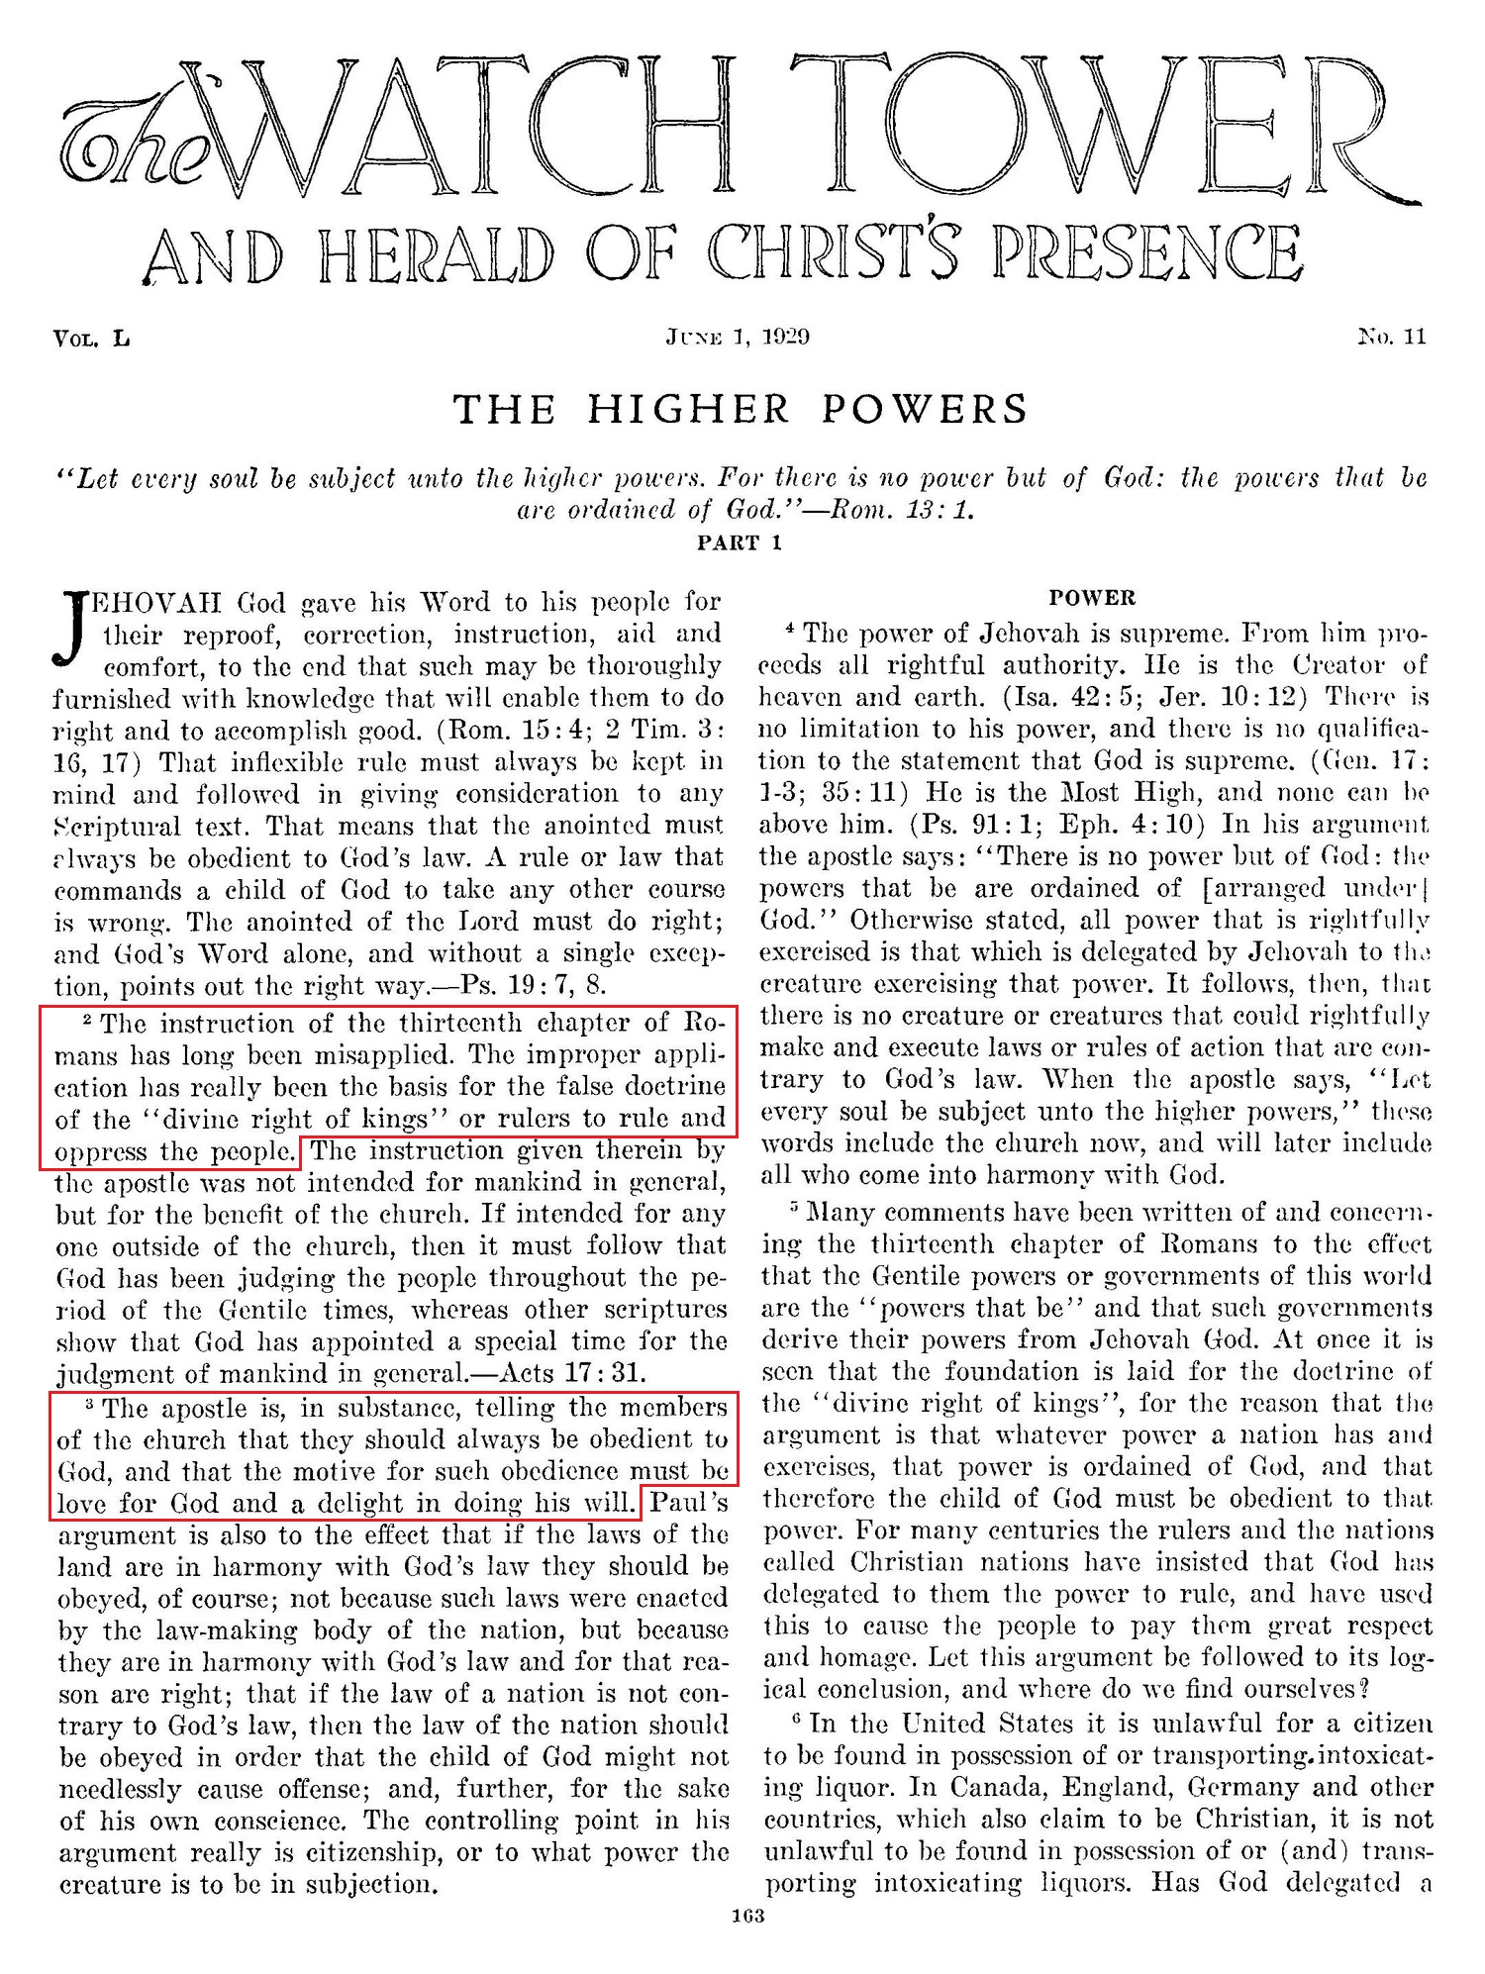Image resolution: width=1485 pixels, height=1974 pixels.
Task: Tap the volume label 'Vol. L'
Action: click(x=91, y=339)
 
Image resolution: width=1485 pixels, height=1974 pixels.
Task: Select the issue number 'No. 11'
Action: click(x=1393, y=337)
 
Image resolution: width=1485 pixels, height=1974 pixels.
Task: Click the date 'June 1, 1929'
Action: click(x=739, y=337)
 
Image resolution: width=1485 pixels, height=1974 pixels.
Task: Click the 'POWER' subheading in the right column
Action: click(x=1092, y=598)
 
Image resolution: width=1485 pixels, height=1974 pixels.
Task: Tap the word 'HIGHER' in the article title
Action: click(x=689, y=409)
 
